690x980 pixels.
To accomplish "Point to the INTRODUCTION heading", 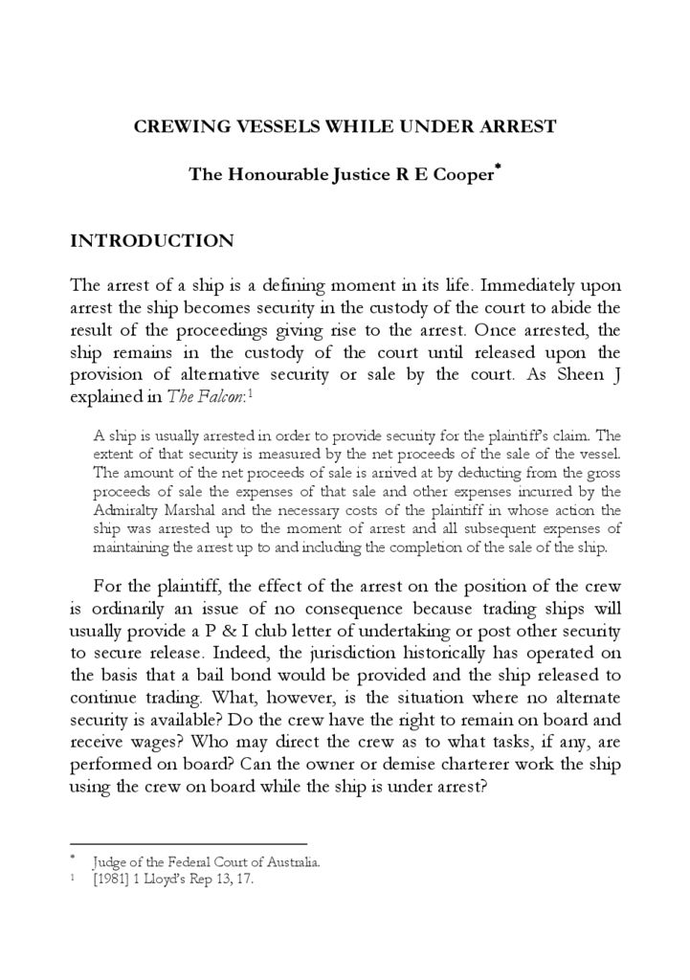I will [152, 240].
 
